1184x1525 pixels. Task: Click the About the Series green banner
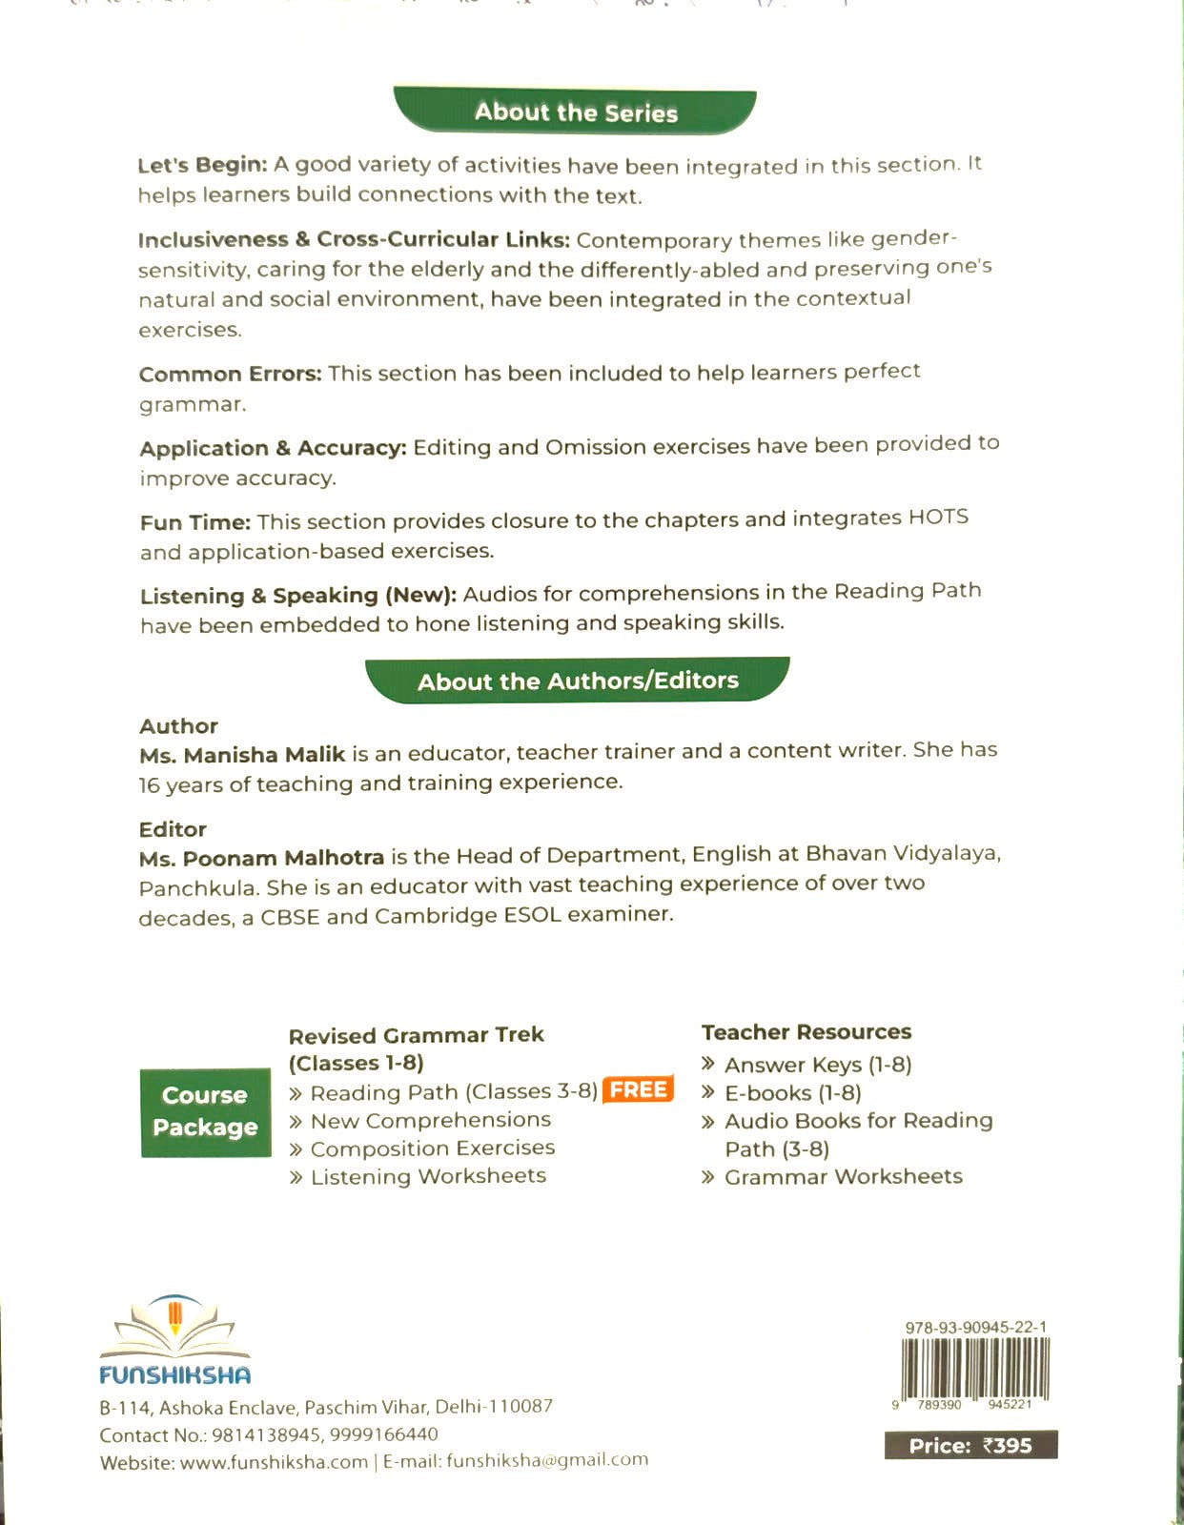pos(576,112)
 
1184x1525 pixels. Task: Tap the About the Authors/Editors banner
pos(578,681)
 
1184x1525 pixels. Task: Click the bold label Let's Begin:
pos(202,165)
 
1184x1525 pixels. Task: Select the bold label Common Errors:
pos(231,374)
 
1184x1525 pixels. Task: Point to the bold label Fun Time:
pos(195,522)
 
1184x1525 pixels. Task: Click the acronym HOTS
pos(938,518)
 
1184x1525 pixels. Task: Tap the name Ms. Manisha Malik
pos(242,755)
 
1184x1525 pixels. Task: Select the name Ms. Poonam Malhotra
pos(261,858)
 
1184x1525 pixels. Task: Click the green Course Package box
pos(205,1111)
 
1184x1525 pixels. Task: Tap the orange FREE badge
pos(639,1089)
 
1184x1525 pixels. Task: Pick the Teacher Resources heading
pos(806,1032)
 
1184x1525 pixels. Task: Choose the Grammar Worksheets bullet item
pos(843,1177)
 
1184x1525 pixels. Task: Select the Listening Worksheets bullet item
pos(428,1176)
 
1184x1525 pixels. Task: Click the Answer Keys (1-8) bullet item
pos(817,1065)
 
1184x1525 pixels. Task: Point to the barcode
pos(973,1368)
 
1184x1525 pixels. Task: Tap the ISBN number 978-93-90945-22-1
pos(975,1327)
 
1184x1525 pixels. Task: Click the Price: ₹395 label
pos(970,1446)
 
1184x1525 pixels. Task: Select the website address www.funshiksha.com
pos(274,1463)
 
